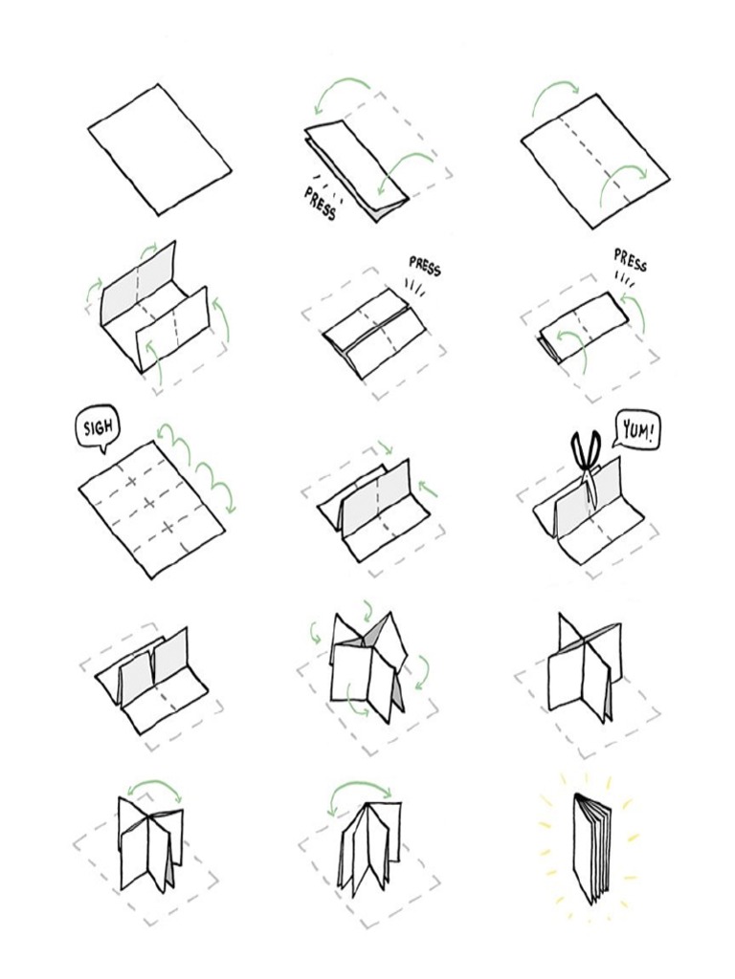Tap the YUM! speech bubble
tap(636, 432)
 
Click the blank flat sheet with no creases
tap(160, 149)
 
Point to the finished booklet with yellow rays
tap(593, 847)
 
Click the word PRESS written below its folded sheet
tap(321, 203)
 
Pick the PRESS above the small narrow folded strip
tap(630, 260)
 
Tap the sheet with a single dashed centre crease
tap(595, 161)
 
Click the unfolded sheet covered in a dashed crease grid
tap(151, 509)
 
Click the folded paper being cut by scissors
tap(586, 516)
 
